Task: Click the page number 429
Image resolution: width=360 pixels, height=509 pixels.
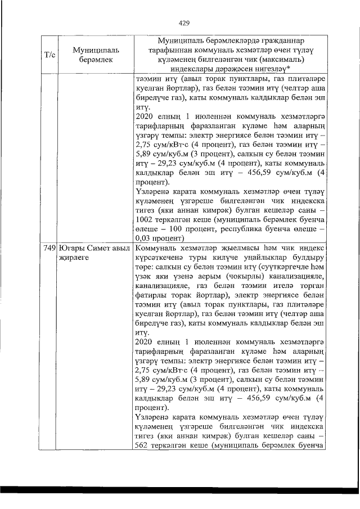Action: (x=183, y=23)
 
